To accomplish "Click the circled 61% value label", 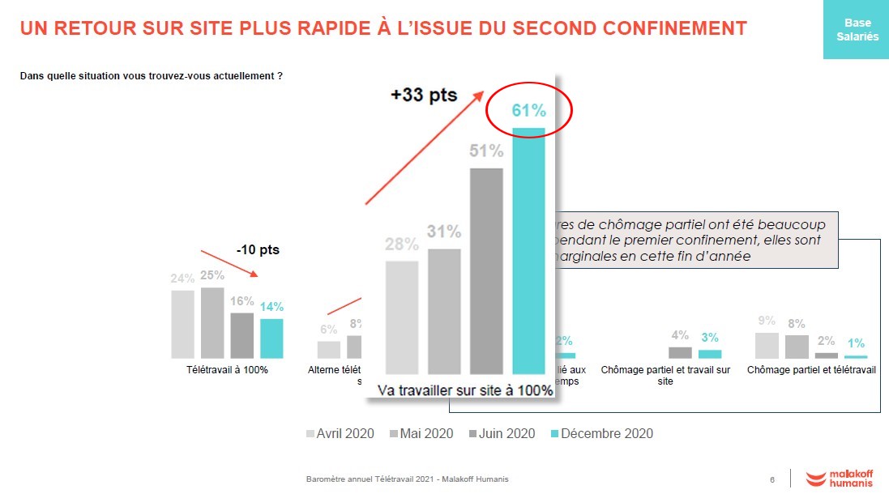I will click(x=528, y=110).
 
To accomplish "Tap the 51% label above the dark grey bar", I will click(x=486, y=151).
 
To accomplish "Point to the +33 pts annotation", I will click(x=423, y=95).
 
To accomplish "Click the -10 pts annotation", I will click(x=258, y=249).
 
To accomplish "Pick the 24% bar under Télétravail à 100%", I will click(x=183, y=324).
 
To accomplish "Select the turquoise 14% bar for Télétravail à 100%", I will click(x=272, y=338).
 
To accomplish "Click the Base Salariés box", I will click(x=856, y=30).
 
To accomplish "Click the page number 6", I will click(x=772, y=480).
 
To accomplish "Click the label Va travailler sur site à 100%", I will click(x=465, y=389).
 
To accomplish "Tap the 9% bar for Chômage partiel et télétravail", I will click(x=767, y=346).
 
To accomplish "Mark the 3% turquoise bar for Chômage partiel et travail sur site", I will click(x=709, y=354).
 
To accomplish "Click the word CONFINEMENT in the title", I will click(x=665, y=29).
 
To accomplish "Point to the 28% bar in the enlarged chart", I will click(x=402, y=317).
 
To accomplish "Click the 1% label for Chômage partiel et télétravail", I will click(x=856, y=343).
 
